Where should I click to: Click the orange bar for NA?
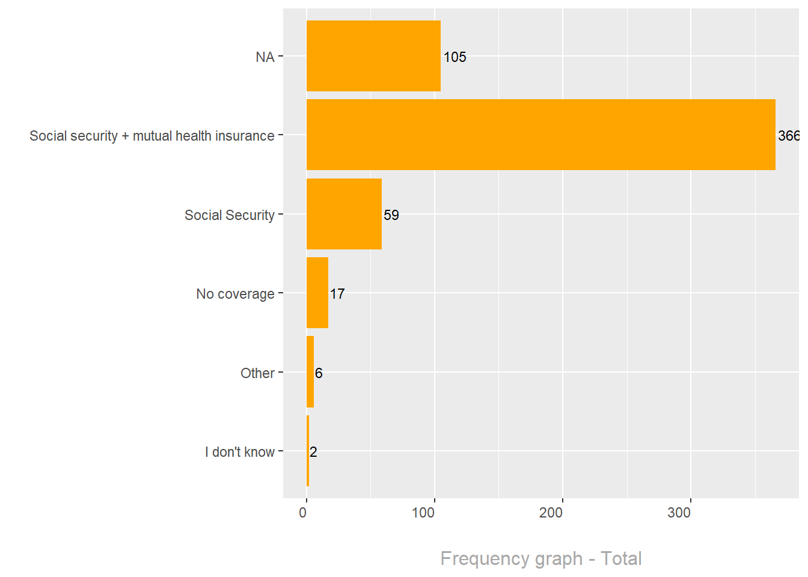373,56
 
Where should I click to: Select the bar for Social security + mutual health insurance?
540,135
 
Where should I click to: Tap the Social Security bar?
344,214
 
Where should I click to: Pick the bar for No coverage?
317,293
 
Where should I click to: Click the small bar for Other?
310,372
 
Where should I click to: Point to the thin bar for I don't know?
308,451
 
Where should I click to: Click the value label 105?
454,57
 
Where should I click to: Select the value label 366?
788,136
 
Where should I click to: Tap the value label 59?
391,215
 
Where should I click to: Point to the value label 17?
337,294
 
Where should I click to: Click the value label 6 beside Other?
319,373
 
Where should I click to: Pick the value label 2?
313,452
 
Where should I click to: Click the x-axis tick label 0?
303,513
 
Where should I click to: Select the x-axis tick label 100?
423,513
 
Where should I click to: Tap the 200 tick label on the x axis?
551,513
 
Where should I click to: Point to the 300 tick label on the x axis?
679,513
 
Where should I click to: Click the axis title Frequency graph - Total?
540,558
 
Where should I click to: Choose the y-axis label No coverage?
235,294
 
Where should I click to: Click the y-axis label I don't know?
239,452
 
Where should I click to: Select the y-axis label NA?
265,57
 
